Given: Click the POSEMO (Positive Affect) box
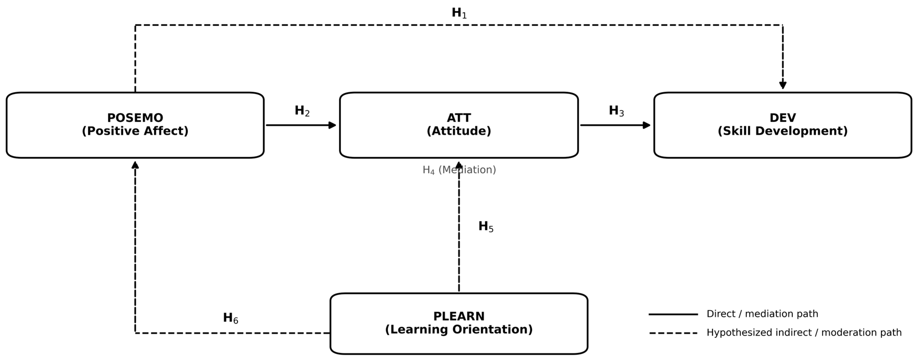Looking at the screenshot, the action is (x=135, y=125).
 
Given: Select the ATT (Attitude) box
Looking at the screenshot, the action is (x=459, y=125).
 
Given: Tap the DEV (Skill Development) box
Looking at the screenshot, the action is (x=783, y=125).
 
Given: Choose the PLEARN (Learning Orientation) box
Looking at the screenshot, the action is (x=459, y=323).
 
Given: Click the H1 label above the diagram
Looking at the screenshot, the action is (x=459, y=13).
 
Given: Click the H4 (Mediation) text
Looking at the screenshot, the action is (x=459, y=170).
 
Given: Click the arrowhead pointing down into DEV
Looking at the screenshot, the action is (x=783, y=85).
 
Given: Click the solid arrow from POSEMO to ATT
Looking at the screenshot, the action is (x=301, y=125).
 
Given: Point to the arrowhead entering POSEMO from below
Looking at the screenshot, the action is (x=135, y=165).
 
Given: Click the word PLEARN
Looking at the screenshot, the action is (x=459, y=316).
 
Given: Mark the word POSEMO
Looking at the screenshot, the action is (x=135, y=118).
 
